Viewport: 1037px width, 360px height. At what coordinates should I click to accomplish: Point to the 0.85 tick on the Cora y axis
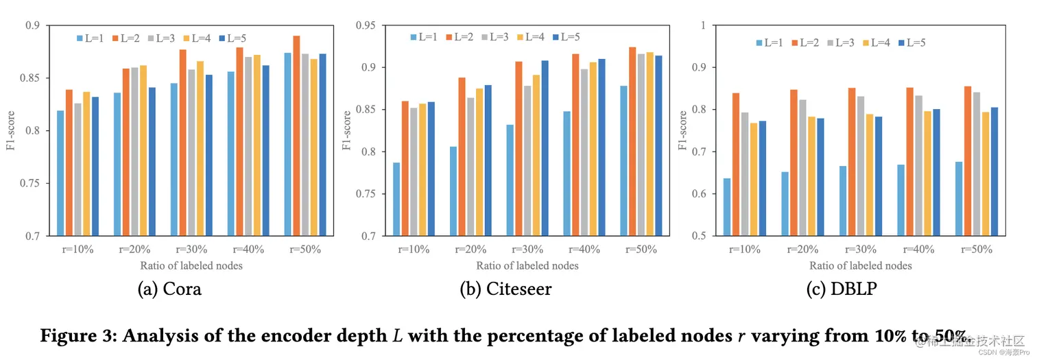tap(34, 78)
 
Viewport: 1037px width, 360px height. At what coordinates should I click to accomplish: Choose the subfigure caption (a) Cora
tap(169, 289)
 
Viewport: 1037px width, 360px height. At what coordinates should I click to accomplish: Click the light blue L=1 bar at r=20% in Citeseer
tap(453, 191)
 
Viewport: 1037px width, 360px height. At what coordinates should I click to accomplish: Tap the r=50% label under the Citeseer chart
tap(642, 250)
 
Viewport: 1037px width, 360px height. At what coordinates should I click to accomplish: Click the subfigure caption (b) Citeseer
tap(505, 289)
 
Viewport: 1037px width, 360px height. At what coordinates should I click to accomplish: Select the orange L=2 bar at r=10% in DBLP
tap(735, 164)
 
